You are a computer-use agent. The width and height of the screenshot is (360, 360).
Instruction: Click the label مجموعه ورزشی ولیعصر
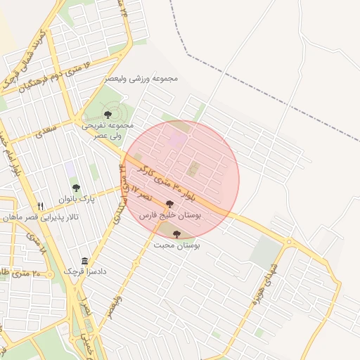coord(141,78)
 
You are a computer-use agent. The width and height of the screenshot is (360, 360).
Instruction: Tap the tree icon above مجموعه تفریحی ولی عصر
coord(108,114)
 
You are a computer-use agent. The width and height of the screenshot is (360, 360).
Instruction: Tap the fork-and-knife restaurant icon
coord(41,206)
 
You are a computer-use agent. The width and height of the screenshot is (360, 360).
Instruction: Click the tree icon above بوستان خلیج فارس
coord(169,204)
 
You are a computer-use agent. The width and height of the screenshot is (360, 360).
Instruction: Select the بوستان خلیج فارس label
coord(169,216)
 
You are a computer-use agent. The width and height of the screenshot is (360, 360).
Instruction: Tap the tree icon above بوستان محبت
coord(176,234)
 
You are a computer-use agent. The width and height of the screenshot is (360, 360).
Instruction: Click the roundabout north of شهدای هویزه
coord(288,242)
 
